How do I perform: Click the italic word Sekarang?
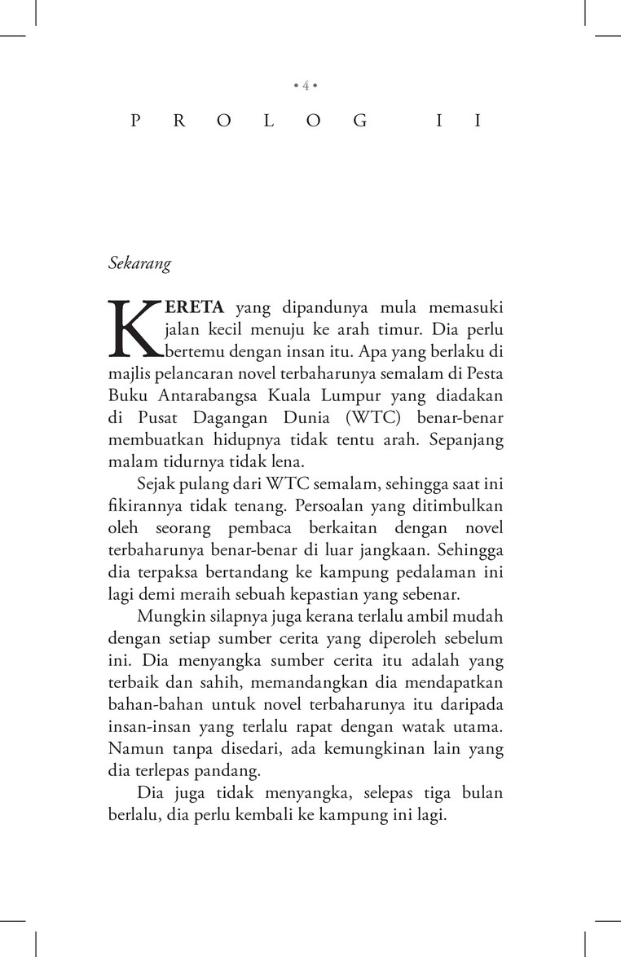tap(137, 263)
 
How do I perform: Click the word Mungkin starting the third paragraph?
tap(166, 615)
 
